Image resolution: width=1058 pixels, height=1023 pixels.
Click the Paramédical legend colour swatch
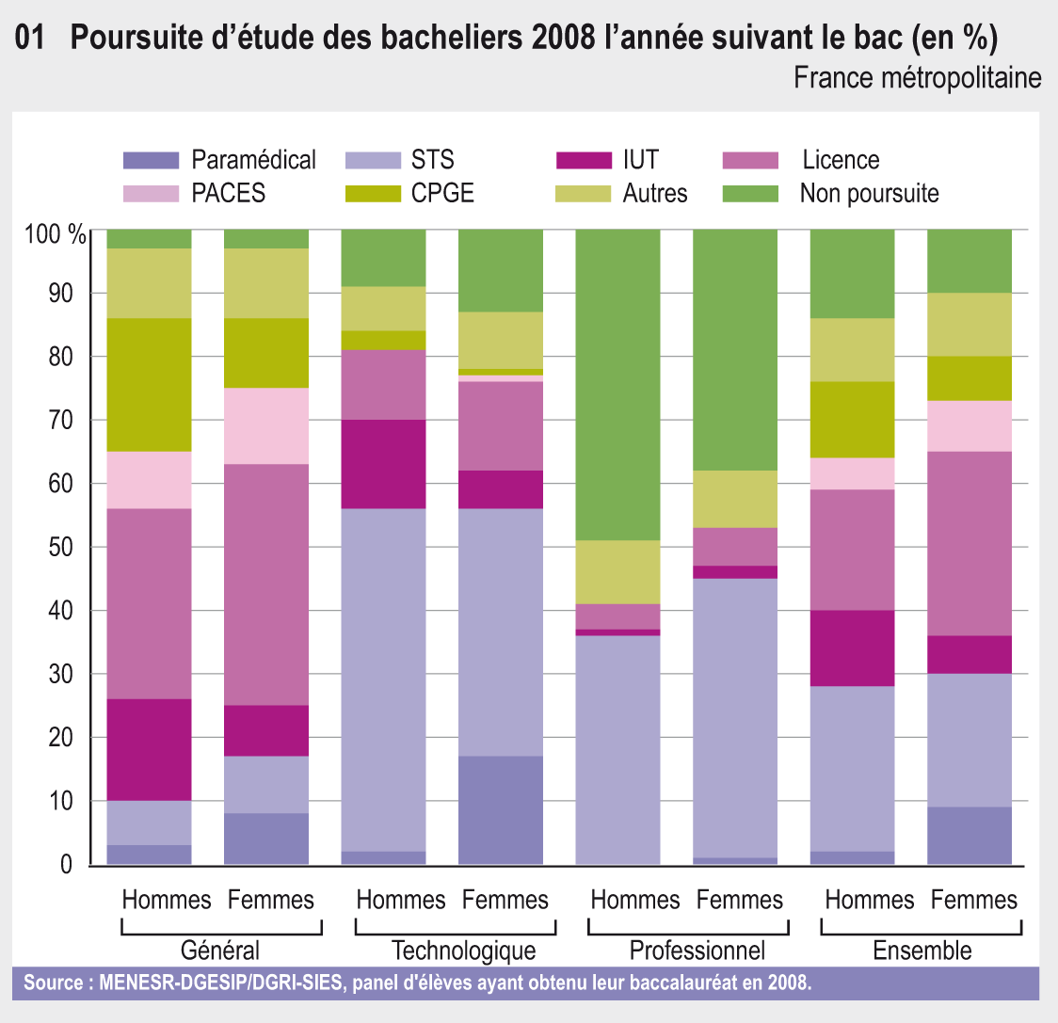(151, 160)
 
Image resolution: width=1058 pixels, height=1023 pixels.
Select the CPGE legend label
(442, 194)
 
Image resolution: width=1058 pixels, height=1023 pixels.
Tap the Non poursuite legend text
(869, 194)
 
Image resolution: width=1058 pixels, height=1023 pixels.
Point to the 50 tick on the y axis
(59, 548)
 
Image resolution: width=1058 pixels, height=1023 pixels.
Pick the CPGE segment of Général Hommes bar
(149, 385)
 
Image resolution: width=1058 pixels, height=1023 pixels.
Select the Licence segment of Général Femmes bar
(266, 584)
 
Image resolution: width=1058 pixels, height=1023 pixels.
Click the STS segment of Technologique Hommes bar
(383, 679)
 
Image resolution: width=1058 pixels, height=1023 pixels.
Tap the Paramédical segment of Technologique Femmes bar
(501, 810)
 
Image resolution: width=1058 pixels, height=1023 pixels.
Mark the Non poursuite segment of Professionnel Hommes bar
(617, 384)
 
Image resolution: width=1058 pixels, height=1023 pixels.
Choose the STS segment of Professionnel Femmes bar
(735, 718)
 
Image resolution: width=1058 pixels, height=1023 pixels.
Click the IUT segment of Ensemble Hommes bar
(852, 648)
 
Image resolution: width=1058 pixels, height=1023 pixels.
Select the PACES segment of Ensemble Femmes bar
(970, 425)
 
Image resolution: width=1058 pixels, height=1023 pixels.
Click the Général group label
(220, 950)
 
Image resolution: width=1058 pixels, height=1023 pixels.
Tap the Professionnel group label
(697, 950)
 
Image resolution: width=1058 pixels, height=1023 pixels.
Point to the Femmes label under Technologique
(505, 901)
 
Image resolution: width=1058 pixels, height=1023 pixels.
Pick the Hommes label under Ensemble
(869, 901)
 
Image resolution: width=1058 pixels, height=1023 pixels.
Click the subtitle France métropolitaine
(917, 77)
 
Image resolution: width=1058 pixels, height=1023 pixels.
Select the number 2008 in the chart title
(563, 39)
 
